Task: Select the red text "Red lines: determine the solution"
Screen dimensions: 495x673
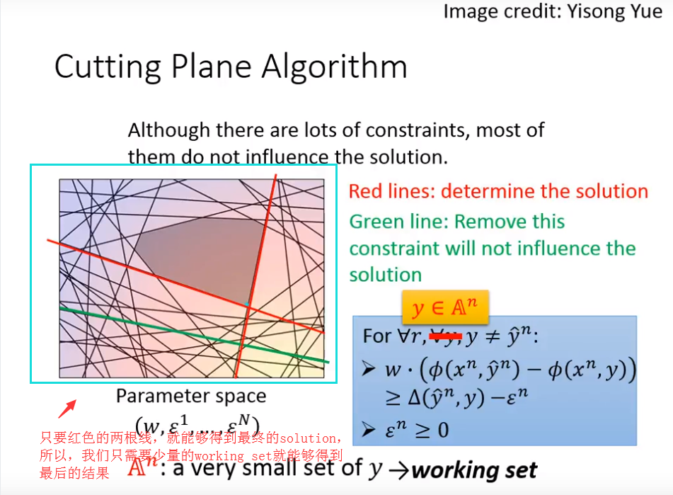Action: coord(498,191)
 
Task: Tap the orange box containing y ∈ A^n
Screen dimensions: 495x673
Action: coord(445,308)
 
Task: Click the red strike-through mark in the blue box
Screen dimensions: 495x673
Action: coord(445,336)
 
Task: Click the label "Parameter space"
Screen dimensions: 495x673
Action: coord(191,396)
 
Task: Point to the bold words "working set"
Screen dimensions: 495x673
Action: coord(475,470)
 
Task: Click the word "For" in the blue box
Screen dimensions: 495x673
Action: coord(377,336)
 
